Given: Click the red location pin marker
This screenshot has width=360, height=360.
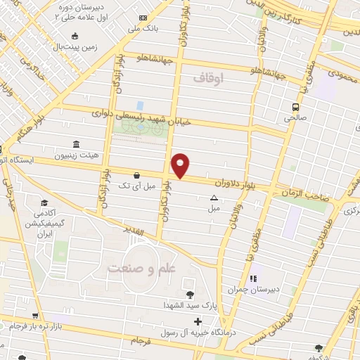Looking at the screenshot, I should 181,165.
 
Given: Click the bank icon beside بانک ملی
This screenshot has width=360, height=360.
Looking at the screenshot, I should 143,18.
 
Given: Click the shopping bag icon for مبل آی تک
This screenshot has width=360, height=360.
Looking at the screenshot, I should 136,176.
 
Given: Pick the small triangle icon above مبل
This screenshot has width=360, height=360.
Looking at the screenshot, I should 214,198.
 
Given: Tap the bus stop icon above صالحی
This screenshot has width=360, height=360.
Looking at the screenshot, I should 296,108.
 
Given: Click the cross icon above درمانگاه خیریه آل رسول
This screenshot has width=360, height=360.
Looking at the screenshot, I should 198,321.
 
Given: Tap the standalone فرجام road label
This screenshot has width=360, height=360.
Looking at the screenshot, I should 141,341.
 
